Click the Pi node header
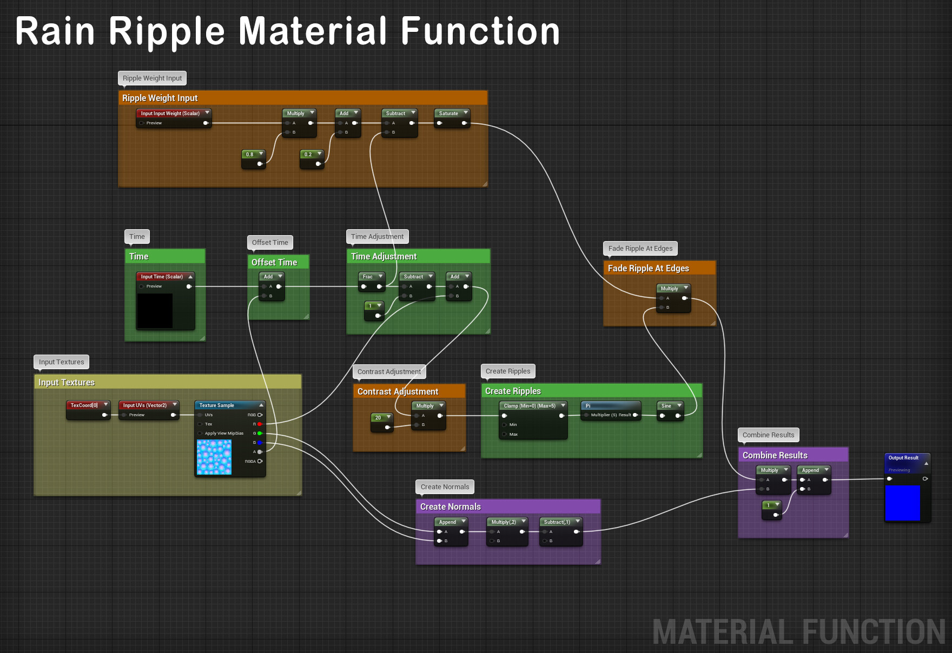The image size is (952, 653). coord(610,406)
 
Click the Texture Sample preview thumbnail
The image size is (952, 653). coord(214,457)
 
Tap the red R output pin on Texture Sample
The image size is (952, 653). coord(260,424)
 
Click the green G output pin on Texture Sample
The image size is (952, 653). coord(260,434)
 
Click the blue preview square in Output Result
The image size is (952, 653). coord(902,503)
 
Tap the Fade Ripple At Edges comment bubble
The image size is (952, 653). coord(640,249)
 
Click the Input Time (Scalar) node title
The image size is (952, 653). coord(162,277)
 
